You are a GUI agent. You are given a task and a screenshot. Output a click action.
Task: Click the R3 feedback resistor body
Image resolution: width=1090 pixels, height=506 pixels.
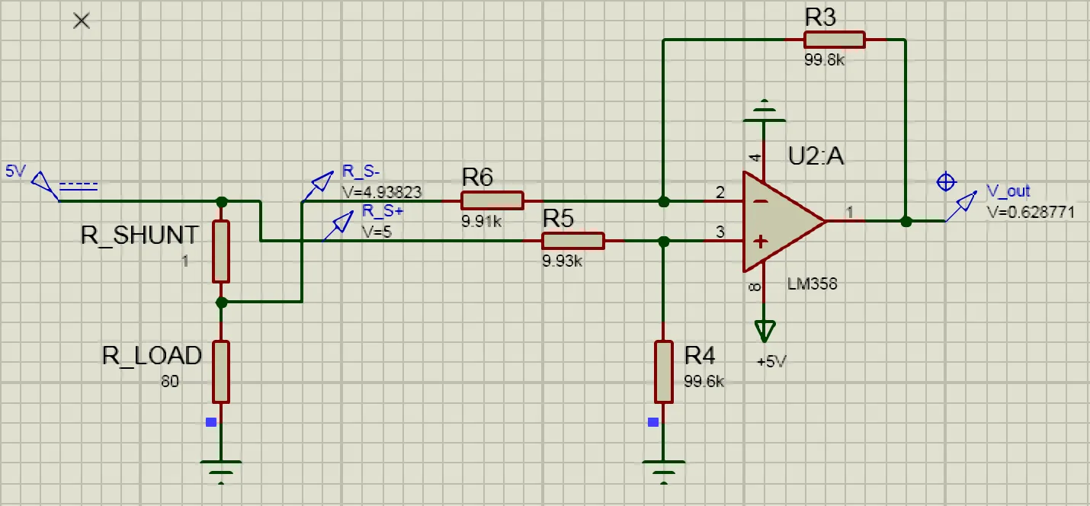coord(835,40)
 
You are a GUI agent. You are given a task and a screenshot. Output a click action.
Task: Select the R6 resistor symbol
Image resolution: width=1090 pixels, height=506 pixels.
coord(492,201)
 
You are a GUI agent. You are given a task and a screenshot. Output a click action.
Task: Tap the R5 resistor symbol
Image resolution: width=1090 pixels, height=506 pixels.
coord(572,241)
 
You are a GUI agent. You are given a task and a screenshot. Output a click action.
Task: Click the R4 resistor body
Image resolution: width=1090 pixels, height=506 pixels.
coord(664,372)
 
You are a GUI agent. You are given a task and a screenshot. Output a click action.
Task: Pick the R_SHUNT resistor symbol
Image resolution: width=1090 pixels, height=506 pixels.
coord(221,251)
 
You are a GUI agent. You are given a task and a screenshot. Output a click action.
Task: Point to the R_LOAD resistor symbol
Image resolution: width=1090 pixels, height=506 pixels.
coord(221,371)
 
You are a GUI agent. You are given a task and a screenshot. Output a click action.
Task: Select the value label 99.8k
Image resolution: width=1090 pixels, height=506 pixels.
coord(824,60)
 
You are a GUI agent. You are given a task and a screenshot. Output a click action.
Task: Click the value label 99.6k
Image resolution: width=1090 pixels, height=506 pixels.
coord(704,381)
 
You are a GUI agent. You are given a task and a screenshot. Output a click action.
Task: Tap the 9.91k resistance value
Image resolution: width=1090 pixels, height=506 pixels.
coord(481,222)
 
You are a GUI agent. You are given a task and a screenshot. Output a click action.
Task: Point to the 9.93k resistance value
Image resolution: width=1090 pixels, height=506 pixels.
coord(562,261)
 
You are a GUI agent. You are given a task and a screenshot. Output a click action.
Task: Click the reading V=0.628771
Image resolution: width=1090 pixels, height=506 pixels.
coord(1031,213)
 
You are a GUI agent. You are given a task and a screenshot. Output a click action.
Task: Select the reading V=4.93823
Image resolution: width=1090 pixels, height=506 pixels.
coord(382,192)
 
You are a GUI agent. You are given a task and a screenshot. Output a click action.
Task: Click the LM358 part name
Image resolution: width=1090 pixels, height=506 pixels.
coord(812,284)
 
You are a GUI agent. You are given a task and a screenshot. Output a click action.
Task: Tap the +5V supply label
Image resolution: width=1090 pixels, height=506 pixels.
coord(771,361)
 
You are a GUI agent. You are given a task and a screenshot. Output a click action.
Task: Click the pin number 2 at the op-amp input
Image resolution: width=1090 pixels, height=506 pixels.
coord(720,193)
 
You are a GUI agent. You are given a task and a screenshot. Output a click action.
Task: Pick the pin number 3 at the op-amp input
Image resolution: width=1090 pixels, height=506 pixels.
coord(720,232)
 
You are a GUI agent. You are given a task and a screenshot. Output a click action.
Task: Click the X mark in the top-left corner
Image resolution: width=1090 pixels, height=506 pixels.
coord(82,21)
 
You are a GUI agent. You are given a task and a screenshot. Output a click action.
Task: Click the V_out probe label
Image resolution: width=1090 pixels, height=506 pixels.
coord(1008,191)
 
